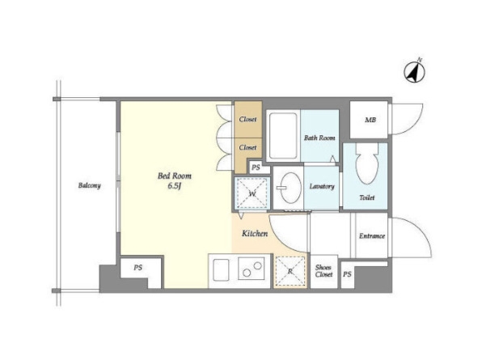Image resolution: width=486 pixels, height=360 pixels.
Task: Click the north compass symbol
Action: (415, 71)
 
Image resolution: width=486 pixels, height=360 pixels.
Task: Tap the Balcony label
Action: (89, 185)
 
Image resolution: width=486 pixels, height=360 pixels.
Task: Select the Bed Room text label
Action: (175, 176)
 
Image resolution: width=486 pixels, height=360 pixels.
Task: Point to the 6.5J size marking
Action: (175, 186)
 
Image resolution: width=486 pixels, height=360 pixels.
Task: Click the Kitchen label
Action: (255, 233)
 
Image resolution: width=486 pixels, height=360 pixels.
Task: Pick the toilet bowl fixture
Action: (367, 163)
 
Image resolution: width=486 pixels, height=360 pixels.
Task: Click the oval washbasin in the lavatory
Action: (290, 188)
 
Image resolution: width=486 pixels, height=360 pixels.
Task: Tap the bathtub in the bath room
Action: (283, 135)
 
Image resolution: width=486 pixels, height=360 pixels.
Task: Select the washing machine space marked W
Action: (252, 193)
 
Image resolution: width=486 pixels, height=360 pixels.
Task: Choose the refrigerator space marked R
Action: (290, 271)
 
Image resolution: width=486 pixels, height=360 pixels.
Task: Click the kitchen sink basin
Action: (221, 270)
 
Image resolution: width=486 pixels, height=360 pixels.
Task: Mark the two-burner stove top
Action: (251, 269)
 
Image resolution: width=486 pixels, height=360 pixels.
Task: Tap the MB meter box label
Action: (370, 120)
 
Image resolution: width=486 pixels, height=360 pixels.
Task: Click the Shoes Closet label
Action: (324, 271)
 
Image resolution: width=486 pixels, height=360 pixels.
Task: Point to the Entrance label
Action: (372, 236)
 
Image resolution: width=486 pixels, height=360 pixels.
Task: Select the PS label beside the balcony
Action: (138, 267)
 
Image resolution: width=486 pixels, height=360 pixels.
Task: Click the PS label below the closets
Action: (256, 167)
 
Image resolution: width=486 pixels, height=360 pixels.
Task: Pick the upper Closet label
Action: (247, 119)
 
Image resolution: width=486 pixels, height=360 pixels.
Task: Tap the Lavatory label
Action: (322, 186)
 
